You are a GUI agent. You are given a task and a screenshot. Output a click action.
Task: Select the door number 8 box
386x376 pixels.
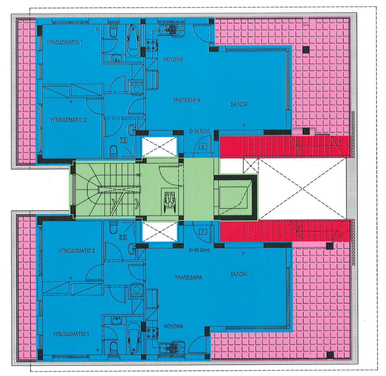pyautogui.click(x=203, y=147)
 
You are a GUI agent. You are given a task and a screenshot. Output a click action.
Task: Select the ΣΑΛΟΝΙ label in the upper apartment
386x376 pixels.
pyautogui.click(x=239, y=103)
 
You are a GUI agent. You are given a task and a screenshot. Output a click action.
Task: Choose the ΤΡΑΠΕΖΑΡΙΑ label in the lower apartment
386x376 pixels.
pyautogui.click(x=188, y=278)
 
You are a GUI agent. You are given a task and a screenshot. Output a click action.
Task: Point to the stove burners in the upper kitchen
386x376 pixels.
pyautogui.click(x=151, y=45)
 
